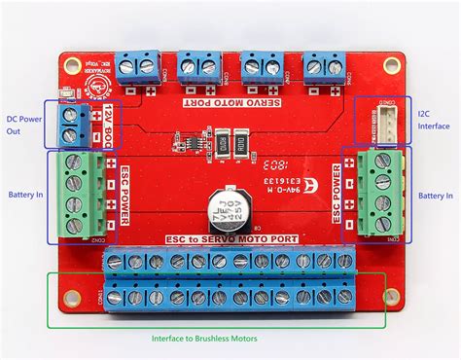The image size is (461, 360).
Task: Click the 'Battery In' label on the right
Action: click(x=435, y=195)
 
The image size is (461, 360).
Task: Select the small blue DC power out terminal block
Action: click(x=71, y=123)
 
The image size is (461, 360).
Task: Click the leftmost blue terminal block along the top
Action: click(x=138, y=66)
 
